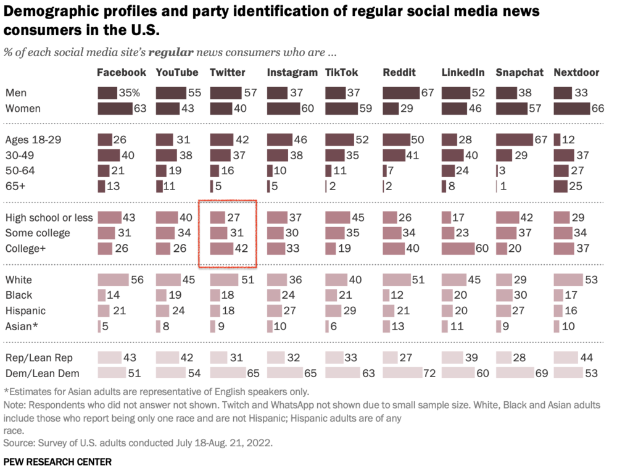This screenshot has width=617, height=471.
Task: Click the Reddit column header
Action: pos(399,73)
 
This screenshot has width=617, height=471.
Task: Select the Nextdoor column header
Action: pos(576,73)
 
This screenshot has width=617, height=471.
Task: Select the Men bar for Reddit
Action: pos(402,93)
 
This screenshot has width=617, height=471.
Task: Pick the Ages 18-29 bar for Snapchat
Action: pos(515,140)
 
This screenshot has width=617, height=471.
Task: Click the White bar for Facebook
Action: pos(113,279)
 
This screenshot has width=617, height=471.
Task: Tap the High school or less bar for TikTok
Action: pos(338,217)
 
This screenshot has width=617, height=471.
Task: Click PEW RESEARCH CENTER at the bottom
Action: pos(57,461)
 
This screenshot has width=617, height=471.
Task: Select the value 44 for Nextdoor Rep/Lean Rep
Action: pos(591,357)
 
